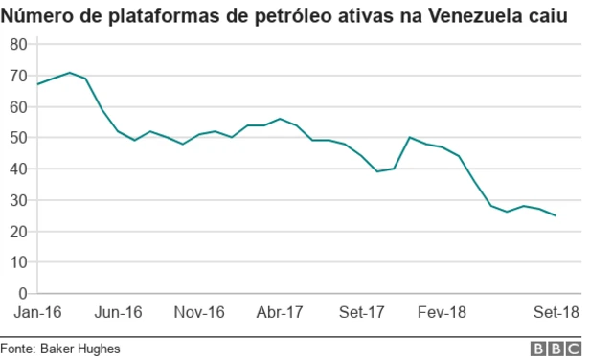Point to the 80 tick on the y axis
coord(19,44)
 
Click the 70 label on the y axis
coord(19,76)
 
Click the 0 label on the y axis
coord(23,293)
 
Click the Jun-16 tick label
coord(119,312)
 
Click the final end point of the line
coord(556,215)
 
